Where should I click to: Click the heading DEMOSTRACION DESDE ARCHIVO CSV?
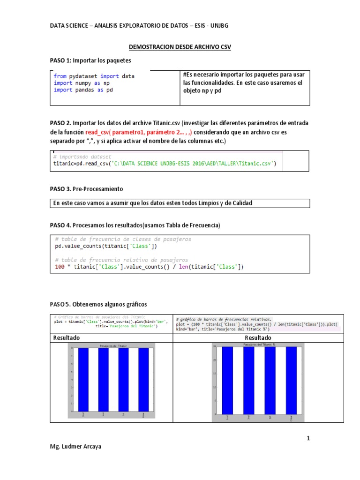180,47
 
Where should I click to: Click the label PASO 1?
61,61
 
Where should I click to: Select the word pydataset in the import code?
82,76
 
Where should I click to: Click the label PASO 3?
61,188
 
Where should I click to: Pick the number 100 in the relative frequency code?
60,267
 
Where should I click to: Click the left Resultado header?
67,338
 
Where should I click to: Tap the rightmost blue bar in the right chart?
291,381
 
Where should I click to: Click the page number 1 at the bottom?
308,438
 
